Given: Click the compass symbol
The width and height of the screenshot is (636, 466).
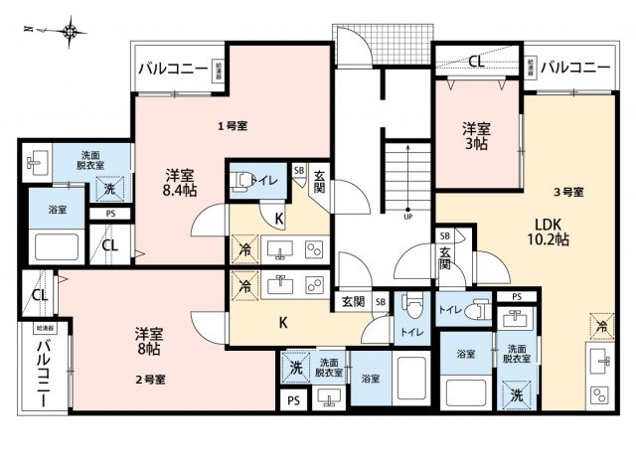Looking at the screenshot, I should pos(71,33).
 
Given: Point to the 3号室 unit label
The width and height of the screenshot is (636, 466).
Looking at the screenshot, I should pos(568,191).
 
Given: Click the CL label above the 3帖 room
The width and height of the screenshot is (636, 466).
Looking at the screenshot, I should pos(477,62).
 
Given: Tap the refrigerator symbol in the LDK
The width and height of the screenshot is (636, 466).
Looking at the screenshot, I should pos(600,325).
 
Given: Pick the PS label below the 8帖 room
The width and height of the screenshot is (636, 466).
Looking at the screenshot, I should pos(293,400).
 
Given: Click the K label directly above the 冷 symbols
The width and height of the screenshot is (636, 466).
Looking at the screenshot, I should pos(279,218).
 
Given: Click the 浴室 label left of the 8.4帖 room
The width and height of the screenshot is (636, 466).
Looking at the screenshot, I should pos(58,211).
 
